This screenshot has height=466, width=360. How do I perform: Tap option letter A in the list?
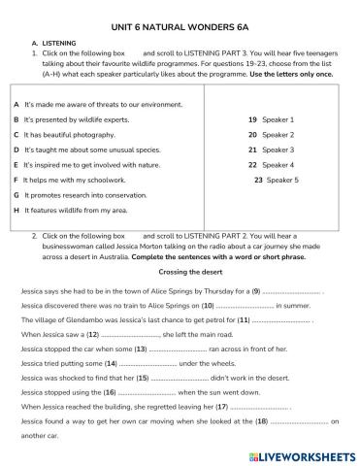pyautogui.click(x=16, y=102)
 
